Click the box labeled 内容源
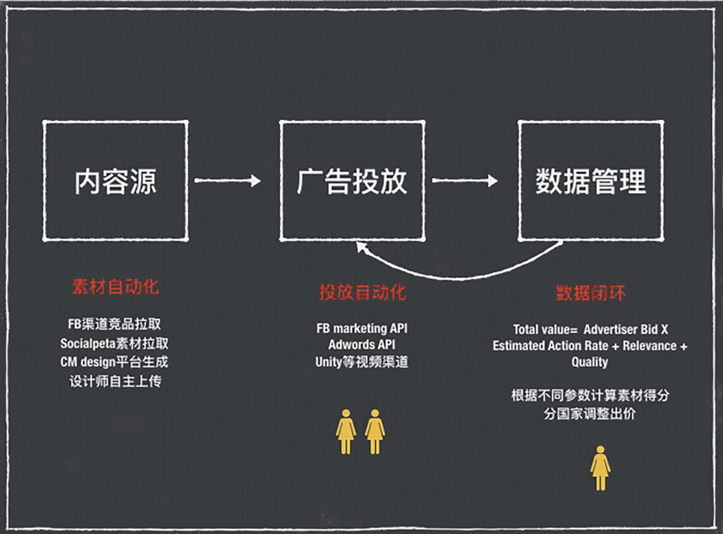coord(115,181)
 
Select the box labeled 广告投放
coord(352,181)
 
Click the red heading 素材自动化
coord(115,287)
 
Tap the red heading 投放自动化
coord(362,292)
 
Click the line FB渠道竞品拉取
coord(114,324)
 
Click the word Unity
coord(328,362)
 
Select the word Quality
coord(590,362)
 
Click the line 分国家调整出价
coord(590,414)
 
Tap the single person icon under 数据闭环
coord(600,468)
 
